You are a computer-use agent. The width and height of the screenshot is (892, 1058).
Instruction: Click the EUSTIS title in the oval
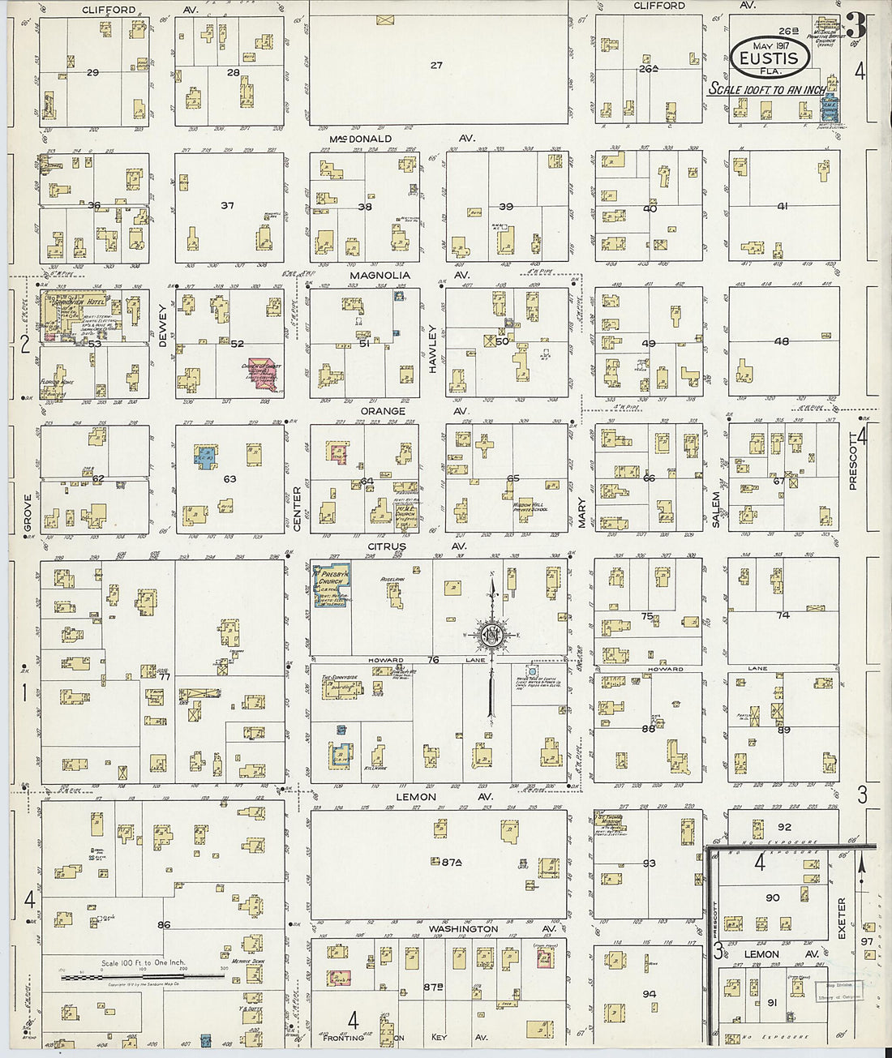click(770, 58)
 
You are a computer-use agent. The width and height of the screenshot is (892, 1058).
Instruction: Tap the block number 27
click(436, 65)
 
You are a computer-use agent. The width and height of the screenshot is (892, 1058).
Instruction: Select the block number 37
click(228, 205)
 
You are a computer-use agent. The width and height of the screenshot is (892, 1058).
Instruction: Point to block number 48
click(781, 341)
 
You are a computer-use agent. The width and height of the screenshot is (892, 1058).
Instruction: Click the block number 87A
click(451, 863)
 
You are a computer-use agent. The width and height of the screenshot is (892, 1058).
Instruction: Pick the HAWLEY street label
click(432, 349)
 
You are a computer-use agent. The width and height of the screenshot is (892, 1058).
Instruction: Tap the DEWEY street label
click(162, 326)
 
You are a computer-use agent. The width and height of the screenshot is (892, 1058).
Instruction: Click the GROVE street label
click(28, 512)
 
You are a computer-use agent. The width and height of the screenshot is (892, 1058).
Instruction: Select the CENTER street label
click(297, 509)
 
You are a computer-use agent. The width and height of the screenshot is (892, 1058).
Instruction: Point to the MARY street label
click(581, 512)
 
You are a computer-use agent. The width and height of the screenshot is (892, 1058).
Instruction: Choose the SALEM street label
click(716, 509)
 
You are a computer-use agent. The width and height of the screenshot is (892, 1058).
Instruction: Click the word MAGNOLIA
click(380, 276)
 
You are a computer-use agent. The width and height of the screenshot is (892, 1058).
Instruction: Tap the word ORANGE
click(382, 411)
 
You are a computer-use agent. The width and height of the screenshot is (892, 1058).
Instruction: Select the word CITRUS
click(386, 546)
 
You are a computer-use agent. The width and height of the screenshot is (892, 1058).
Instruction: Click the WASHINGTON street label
click(463, 929)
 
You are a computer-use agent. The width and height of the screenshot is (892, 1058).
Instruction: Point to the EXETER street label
click(841, 919)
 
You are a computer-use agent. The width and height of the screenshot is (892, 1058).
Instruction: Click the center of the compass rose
click(491, 635)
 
